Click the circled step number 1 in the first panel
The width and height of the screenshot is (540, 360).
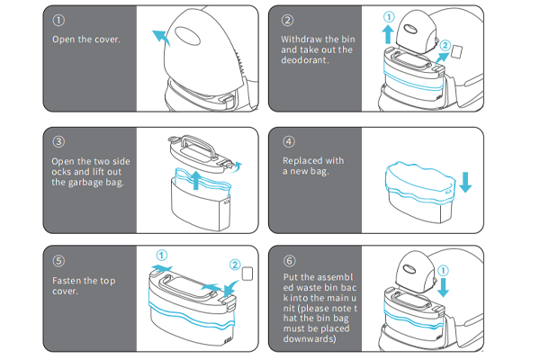pyautogui.click(x=58, y=20)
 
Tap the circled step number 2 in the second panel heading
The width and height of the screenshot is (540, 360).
pyautogui.click(x=289, y=20)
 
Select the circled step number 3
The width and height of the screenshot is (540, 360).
pyautogui.click(x=58, y=141)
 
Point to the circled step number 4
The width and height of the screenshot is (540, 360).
pyautogui.click(x=289, y=141)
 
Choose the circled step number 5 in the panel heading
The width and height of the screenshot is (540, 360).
pyautogui.click(x=58, y=262)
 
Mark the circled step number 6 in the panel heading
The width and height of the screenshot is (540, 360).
pyautogui.click(x=289, y=262)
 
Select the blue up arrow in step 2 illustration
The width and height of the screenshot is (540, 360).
pyautogui.click(x=389, y=34)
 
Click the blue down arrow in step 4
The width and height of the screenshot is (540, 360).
pyautogui.click(x=465, y=181)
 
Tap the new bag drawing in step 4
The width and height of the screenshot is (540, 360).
pyautogui.click(x=418, y=184)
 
